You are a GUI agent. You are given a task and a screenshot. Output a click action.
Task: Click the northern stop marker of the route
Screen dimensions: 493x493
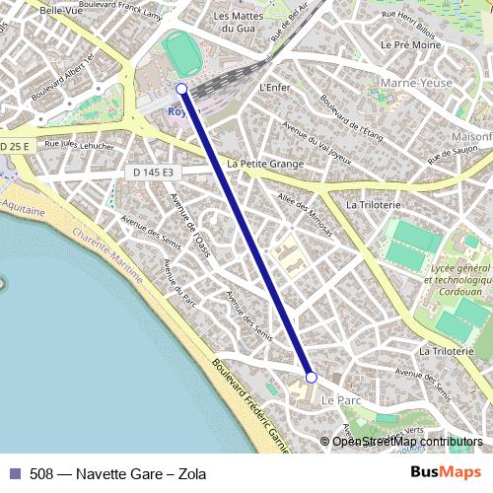(x=181, y=89)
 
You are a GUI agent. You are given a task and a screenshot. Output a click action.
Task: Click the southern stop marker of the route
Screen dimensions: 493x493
(x=311, y=378)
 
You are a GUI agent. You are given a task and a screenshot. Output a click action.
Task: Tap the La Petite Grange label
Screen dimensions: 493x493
(x=265, y=164)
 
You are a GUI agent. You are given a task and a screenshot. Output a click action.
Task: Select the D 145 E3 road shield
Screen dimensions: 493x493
(x=153, y=173)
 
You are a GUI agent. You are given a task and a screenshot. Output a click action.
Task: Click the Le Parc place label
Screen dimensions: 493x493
(x=342, y=400)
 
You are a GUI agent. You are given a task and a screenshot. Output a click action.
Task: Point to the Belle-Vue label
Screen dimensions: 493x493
(x=60, y=11)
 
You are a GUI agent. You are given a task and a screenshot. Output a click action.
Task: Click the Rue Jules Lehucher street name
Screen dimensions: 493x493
(x=74, y=145)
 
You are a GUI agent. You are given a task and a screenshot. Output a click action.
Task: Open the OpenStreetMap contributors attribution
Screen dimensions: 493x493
(x=407, y=442)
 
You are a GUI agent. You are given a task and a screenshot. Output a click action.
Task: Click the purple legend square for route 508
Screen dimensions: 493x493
(x=15, y=474)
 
